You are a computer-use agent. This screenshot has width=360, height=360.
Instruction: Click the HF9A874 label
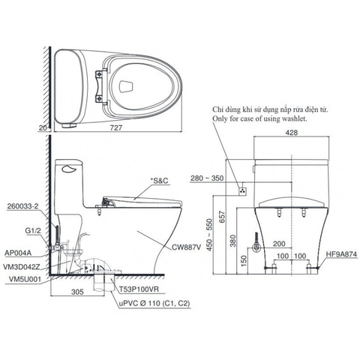click(x=340, y=254)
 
